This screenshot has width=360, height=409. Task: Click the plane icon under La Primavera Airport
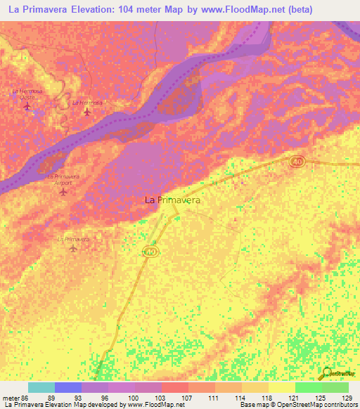(64, 191)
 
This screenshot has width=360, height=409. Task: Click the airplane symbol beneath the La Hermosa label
(87, 112)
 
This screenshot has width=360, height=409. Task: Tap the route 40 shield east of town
(296, 162)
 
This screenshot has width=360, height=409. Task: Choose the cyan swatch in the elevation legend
(41, 387)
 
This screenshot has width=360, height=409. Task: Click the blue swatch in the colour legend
(67, 387)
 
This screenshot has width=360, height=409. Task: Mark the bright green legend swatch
(308, 387)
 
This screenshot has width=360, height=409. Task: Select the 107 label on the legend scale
(188, 398)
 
